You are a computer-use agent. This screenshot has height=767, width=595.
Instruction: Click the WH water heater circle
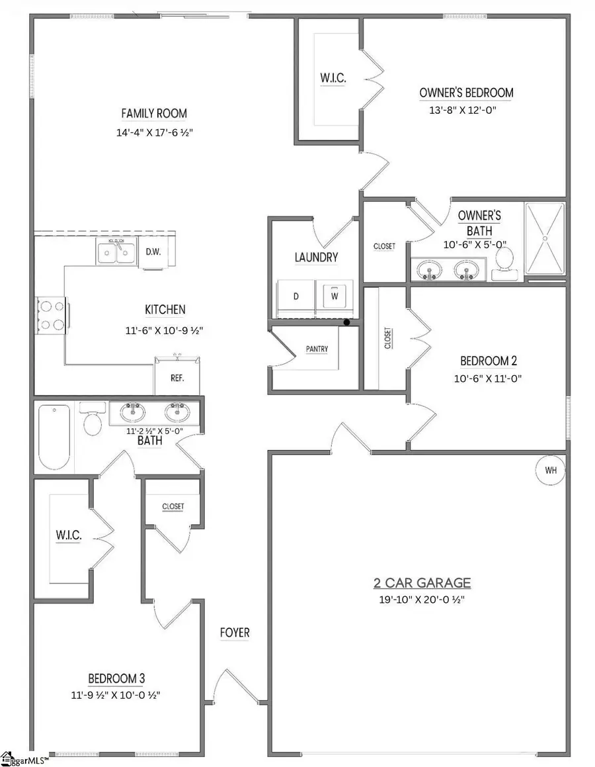point(551,471)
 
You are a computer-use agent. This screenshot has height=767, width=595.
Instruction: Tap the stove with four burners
point(51,315)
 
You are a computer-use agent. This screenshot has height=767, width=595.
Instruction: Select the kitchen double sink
point(116,252)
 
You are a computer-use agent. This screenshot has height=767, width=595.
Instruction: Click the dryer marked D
point(296,296)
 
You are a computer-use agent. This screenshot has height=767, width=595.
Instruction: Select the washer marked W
point(335,296)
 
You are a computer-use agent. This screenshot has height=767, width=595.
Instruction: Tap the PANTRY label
point(317,349)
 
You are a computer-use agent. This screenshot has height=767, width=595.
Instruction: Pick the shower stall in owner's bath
point(545,238)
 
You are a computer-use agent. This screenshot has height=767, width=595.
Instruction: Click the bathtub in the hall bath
point(54,437)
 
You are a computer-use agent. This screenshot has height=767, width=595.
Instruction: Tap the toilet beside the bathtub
point(93,422)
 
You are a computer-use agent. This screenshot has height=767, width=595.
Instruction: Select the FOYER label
point(235,633)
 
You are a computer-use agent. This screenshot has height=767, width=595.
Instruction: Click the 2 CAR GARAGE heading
point(421,583)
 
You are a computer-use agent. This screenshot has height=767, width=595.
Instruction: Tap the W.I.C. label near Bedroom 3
point(69,536)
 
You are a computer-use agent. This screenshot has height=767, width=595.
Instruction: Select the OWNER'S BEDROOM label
point(466,93)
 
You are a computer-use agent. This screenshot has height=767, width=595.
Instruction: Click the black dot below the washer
point(346,323)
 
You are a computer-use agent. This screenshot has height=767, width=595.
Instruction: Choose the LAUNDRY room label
point(316,257)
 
